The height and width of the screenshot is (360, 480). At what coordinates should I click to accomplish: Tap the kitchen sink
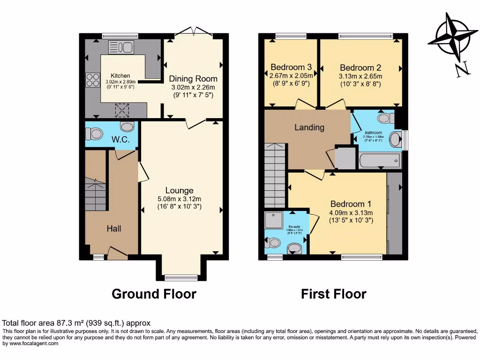[x=121, y=47]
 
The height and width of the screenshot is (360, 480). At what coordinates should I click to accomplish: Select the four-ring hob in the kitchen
[x=92, y=80]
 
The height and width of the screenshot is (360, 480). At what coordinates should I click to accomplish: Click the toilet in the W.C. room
[x=95, y=134]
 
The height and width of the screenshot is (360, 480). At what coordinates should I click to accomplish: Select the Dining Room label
[x=193, y=78]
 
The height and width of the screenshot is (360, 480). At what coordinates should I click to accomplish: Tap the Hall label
[x=114, y=228]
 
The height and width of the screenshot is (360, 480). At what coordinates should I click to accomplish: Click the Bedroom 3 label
[x=291, y=67]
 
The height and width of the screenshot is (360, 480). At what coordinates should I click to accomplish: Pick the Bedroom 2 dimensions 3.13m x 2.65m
[x=360, y=76]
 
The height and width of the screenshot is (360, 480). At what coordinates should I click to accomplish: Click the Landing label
[x=309, y=127]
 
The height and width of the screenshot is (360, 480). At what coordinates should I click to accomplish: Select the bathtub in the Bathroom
[x=380, y=161]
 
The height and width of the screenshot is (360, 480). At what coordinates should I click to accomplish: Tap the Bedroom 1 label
[x=351, y=204]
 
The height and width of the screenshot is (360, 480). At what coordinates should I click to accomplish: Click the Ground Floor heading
[x=154, y=294]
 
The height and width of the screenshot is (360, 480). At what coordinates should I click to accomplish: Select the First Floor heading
[x=333, y=294]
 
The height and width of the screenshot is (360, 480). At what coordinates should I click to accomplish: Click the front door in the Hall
[x=117, y=254]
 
